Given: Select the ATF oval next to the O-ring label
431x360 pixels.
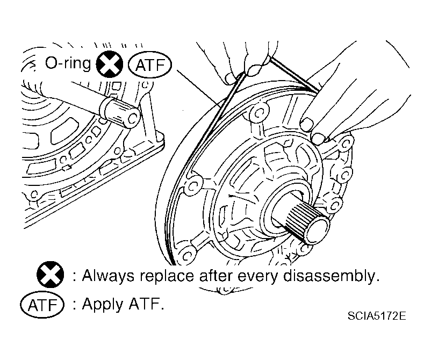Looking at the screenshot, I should pos(149,66).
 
